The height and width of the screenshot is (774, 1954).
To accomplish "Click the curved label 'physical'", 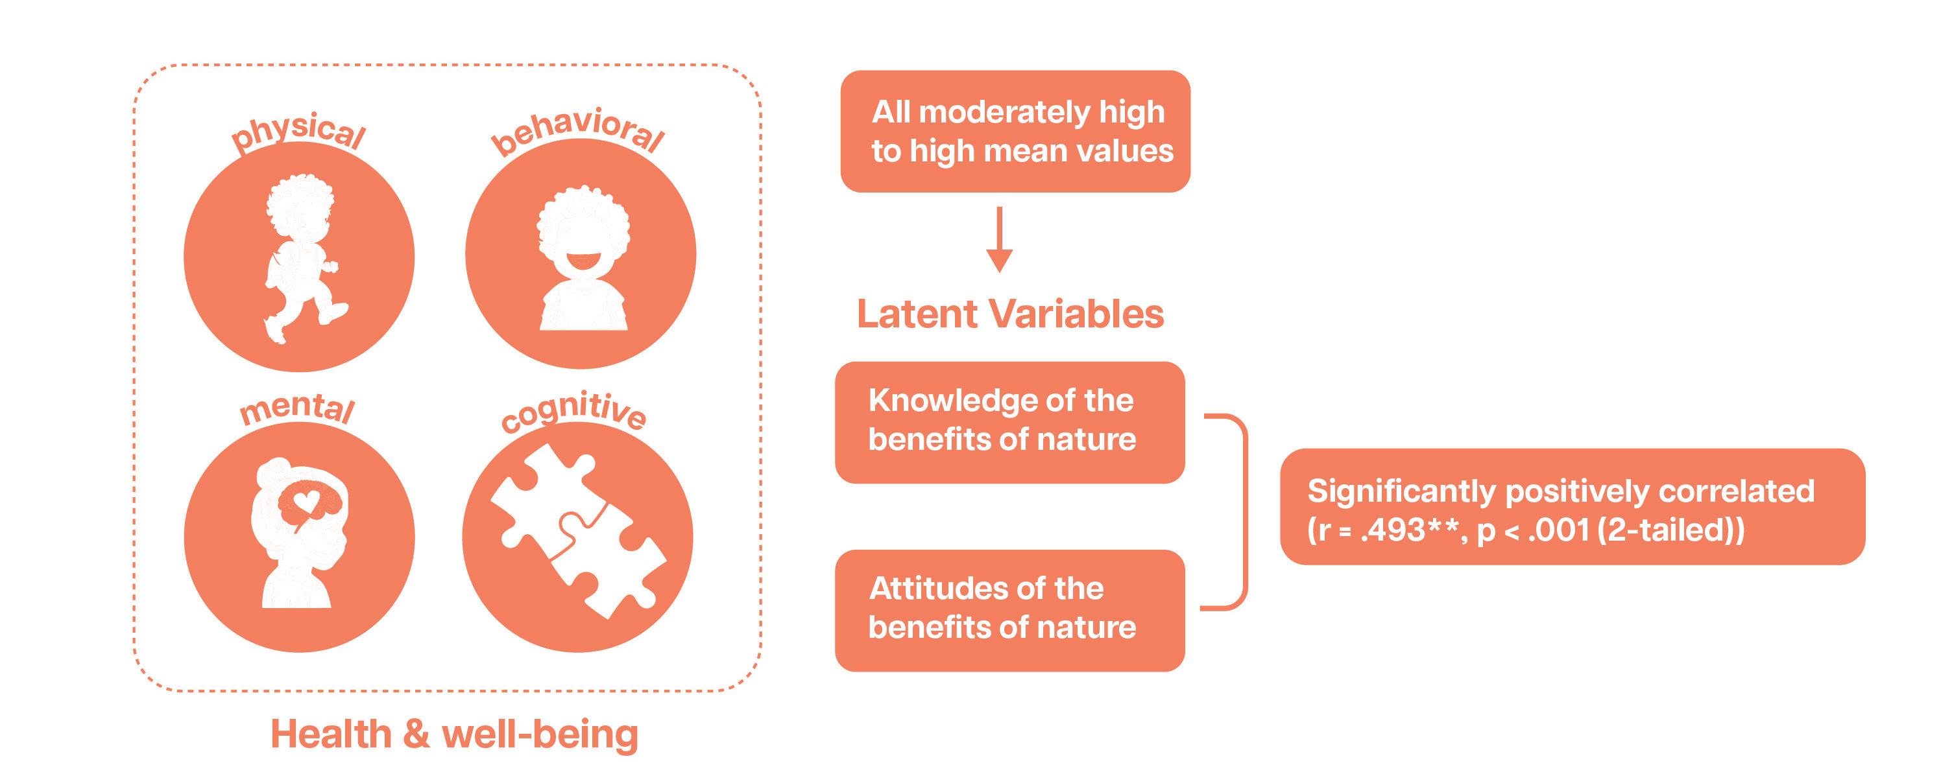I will click(x=299, y=134).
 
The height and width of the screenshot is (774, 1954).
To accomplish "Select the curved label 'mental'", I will click(x=297, y=409).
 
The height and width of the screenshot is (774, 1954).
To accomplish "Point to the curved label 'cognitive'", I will click(x=573, y=411).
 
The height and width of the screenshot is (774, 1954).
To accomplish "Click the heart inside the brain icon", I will click(x=306, y=501).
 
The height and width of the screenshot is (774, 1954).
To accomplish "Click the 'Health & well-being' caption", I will click(x=454, y=734).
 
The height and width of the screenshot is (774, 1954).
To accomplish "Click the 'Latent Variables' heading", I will click(x=1009, y=314).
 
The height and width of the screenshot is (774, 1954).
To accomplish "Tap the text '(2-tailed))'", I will click(x=1671, y=530).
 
